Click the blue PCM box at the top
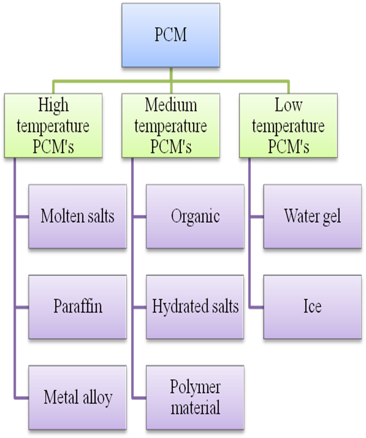click(x=171, y=35)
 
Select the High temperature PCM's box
click(x=53, y=126)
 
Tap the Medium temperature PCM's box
click(x=171, y=126)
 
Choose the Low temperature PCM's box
click(x=288, y=126)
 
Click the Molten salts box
click(x=77, y=217)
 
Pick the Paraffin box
click(x=77, y=307)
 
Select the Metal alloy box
click(x=77, y=398)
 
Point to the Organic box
click(x=195, y=217)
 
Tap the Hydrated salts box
click(x=195, y=307)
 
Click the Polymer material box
click(x=195, y=398)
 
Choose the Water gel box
click(x=313, y=217)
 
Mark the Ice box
click(x=313, y=307)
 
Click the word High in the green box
click(x=53, y=105)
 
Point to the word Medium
click(x=171, y=105)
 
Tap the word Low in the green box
click(x=289, y=105)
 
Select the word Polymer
click(x=195, y=387)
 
